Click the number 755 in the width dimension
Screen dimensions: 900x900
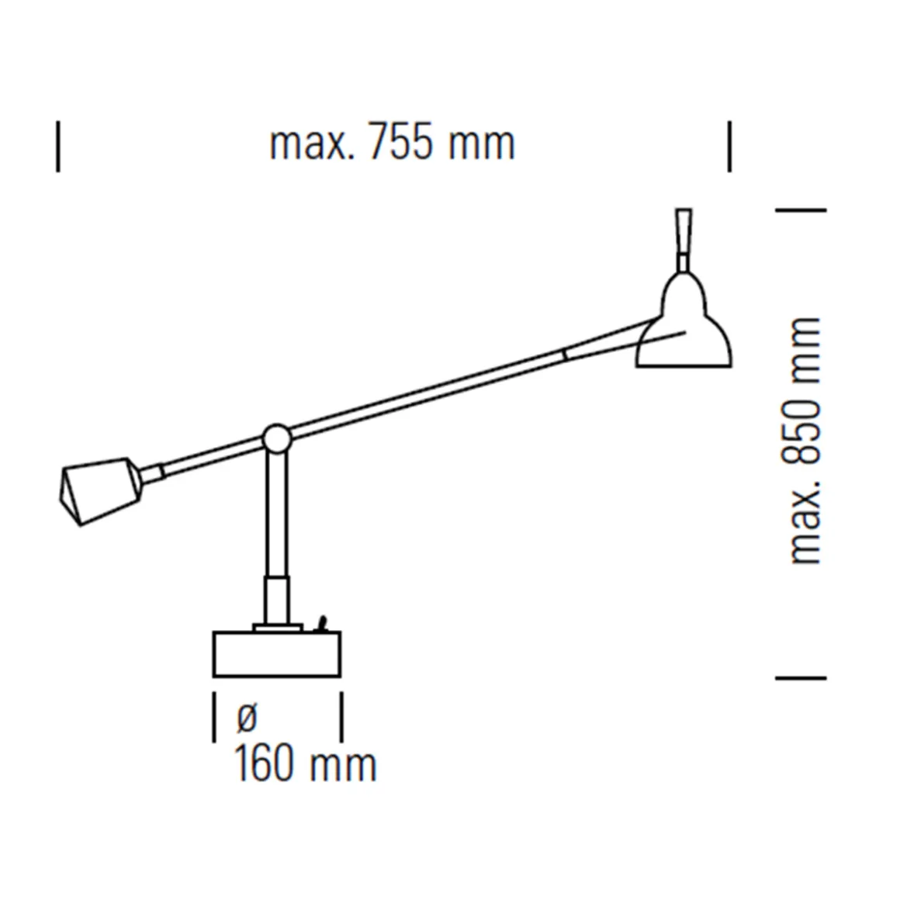pos(401,144)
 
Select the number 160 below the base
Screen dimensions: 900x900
pos(265,764)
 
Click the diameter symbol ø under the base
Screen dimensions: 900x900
pos(246,718)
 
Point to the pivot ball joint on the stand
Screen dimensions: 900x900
pos(276,439)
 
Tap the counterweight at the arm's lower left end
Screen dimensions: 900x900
pos(99,490)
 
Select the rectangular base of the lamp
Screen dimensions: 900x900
pos(277,654)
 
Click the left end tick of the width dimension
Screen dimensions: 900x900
pos(58,145)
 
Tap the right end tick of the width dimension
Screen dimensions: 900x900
pos(729,145)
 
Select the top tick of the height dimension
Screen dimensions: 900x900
pos(801,209)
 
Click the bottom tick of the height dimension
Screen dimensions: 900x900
pos(801,677)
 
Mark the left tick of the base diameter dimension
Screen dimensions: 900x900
pos(214,718)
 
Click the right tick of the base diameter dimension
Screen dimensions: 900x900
pos(341,718)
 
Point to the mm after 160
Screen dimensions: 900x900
pos(342,764)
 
